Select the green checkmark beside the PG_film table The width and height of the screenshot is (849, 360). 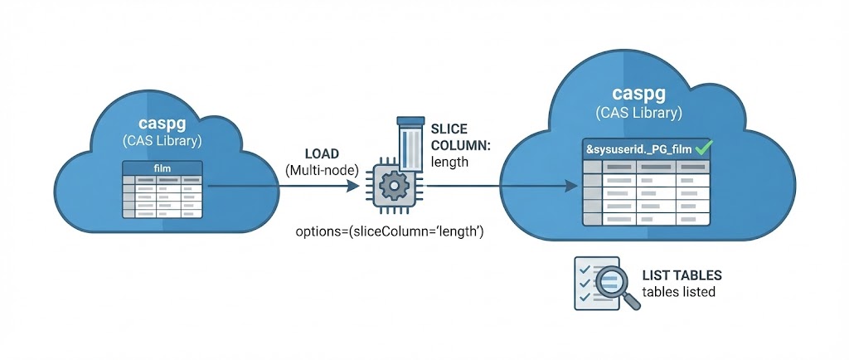(704, 148)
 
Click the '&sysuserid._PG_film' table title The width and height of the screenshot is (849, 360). (635, 149)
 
